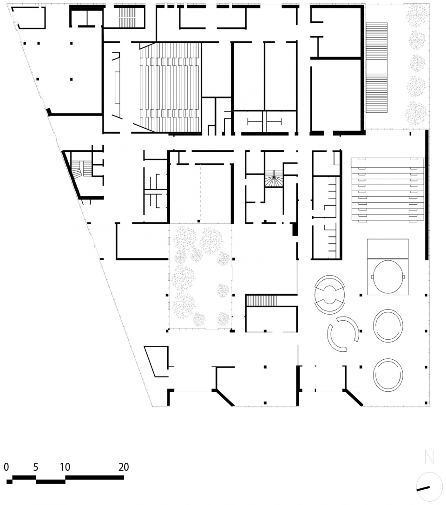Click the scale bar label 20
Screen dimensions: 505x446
(124, 467)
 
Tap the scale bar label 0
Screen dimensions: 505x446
(6, 467)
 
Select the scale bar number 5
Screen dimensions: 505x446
(35, 467)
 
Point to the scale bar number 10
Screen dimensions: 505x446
(65, 467)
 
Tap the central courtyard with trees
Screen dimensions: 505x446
(200, 277)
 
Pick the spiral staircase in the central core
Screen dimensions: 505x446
(274, 178)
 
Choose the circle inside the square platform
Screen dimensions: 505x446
(388, 277)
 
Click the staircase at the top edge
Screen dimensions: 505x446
(126, 18)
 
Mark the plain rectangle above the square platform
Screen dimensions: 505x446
(388, 249)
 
